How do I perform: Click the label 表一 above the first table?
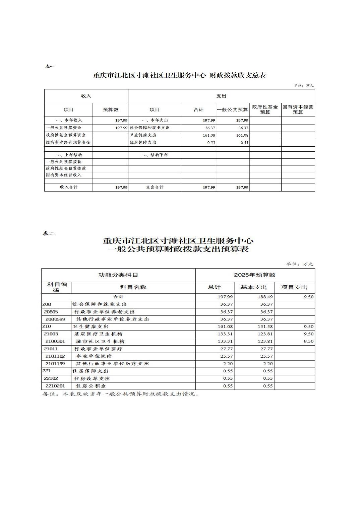(x=50, y=66)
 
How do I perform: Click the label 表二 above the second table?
(x=49, y=233)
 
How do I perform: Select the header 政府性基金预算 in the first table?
(x=265, y=110)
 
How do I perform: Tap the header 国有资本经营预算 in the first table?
(x=298, y=110)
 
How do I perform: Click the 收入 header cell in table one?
(x=86, y=96)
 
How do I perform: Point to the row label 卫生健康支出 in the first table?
(x=143, y=135)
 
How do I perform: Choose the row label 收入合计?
(x=69, y=187)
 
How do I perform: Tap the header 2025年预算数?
(x=255, y=275)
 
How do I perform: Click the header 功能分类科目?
(x=118, y=275)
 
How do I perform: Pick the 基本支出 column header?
(x=254, y=287)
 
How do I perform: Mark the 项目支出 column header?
(x=294, y=287)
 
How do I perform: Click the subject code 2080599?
(x=55, y=319)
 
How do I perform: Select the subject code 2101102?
(x=55, y=356)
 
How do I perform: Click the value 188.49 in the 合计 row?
(x=265, y=297)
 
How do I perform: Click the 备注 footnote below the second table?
(x=121, y=394)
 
